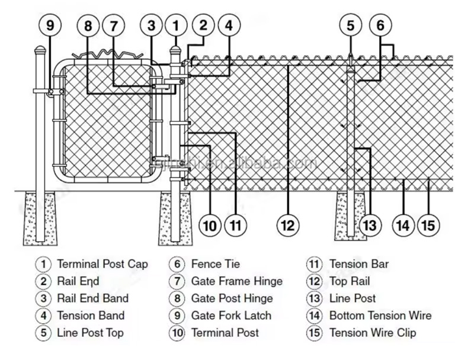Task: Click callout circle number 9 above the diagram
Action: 50,25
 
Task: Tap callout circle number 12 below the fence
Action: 288,226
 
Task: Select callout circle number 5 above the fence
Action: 350,25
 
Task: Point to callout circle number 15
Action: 428,226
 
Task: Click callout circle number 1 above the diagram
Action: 176,25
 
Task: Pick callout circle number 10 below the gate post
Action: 210,226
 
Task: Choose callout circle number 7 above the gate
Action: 114,25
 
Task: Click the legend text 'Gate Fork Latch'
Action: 231,316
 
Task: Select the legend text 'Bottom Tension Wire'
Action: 380,316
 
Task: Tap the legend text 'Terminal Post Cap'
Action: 103,264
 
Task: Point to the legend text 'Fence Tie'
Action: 216,264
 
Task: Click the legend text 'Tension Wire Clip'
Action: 373,333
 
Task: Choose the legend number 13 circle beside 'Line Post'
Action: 314,298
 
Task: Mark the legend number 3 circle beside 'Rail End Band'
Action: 43,298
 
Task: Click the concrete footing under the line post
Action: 351,216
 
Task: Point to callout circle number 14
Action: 403,226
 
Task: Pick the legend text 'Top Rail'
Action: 350,281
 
